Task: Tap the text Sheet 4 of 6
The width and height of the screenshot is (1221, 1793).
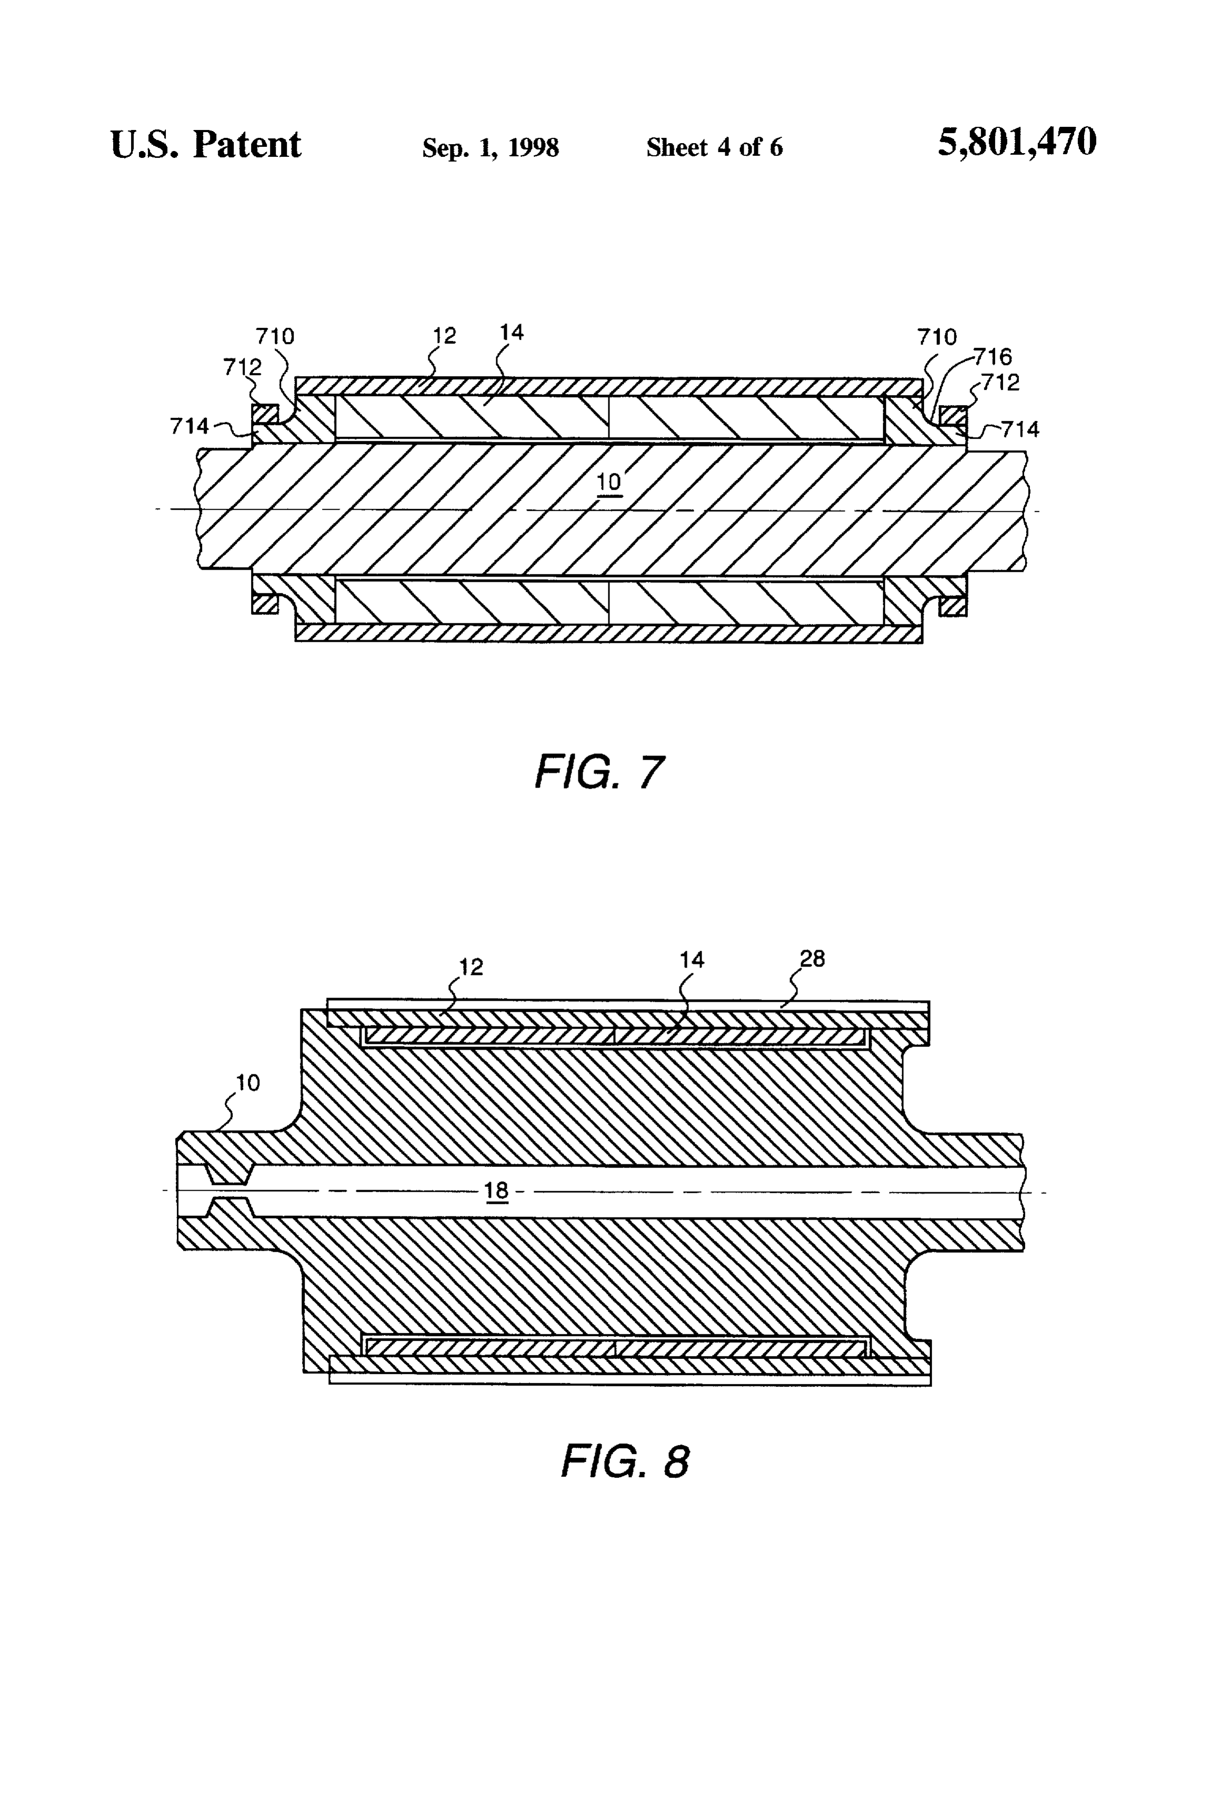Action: tap(714, 147)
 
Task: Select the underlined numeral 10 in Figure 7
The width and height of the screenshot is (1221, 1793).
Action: tap(609, 482)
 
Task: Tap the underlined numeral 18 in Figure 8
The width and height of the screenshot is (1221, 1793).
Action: tap(496, 1191)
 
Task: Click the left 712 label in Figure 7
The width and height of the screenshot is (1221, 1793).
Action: tap(242, 367)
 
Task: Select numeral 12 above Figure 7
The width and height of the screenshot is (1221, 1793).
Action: tap(445, 336)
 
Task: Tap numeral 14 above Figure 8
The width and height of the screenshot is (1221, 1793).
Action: tap(692, 959)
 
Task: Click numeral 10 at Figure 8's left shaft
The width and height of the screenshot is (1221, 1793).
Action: tap(248, 1083)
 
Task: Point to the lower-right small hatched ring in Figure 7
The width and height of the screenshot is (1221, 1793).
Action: tap(953, 607)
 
